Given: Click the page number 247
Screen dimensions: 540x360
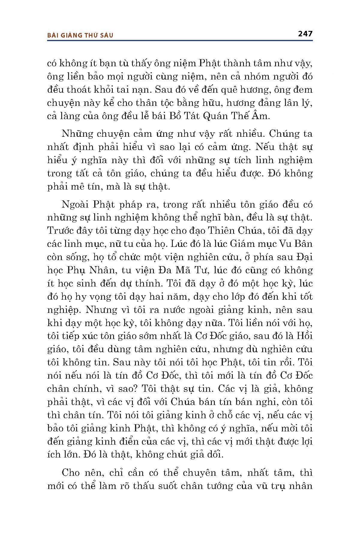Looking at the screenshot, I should [305, 34].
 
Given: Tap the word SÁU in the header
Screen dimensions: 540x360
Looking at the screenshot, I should [106, 35].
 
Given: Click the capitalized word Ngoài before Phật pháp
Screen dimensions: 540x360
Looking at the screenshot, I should [76, 204].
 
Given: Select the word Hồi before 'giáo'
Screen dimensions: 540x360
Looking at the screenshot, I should [304, 336].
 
